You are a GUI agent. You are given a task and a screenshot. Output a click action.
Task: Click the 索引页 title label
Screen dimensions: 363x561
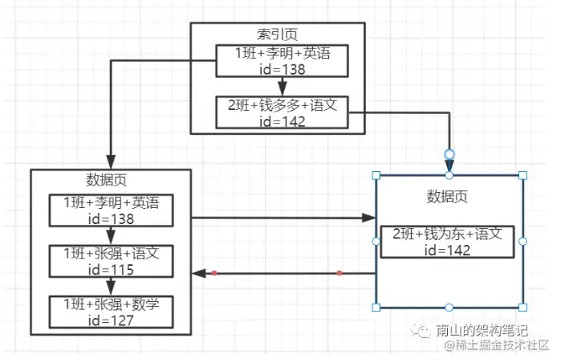pos(277,35)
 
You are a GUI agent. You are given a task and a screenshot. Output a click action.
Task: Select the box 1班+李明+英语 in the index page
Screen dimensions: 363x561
pos(282,61)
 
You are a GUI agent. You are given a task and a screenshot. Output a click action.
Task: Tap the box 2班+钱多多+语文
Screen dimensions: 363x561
pos(282,112)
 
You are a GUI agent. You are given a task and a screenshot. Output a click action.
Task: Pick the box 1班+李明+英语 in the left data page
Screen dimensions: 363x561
pos(111,210)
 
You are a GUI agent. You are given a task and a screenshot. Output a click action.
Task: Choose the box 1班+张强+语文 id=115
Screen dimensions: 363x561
pos(111,261)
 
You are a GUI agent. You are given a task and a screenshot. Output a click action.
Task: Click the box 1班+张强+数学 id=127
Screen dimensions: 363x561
pos(111,311)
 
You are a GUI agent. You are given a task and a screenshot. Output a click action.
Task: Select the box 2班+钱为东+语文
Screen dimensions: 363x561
pos(447,241)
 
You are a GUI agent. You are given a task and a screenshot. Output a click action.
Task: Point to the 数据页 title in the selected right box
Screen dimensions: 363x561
pos(447,197)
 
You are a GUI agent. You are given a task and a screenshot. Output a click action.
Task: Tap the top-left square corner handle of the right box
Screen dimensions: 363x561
pos(376,175)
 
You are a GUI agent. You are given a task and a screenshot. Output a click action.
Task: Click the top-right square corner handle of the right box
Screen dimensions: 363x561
pos(523,175)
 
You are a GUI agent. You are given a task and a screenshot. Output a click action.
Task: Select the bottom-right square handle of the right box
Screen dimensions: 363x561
pos(523,307)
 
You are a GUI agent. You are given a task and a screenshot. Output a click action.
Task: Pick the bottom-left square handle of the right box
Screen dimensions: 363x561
pos(376,307)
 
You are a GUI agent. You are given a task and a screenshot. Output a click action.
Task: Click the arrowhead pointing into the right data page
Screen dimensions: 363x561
pos(370,218)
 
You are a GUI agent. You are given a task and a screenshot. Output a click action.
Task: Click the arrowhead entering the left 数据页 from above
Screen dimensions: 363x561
pos(111,163)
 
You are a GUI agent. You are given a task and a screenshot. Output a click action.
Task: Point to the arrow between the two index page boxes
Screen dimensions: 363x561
pos(281,86)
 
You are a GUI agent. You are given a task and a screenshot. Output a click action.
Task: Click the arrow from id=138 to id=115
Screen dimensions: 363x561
pos(111,235)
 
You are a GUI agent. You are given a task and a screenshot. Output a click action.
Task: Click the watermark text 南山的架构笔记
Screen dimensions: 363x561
pos(481,330)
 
